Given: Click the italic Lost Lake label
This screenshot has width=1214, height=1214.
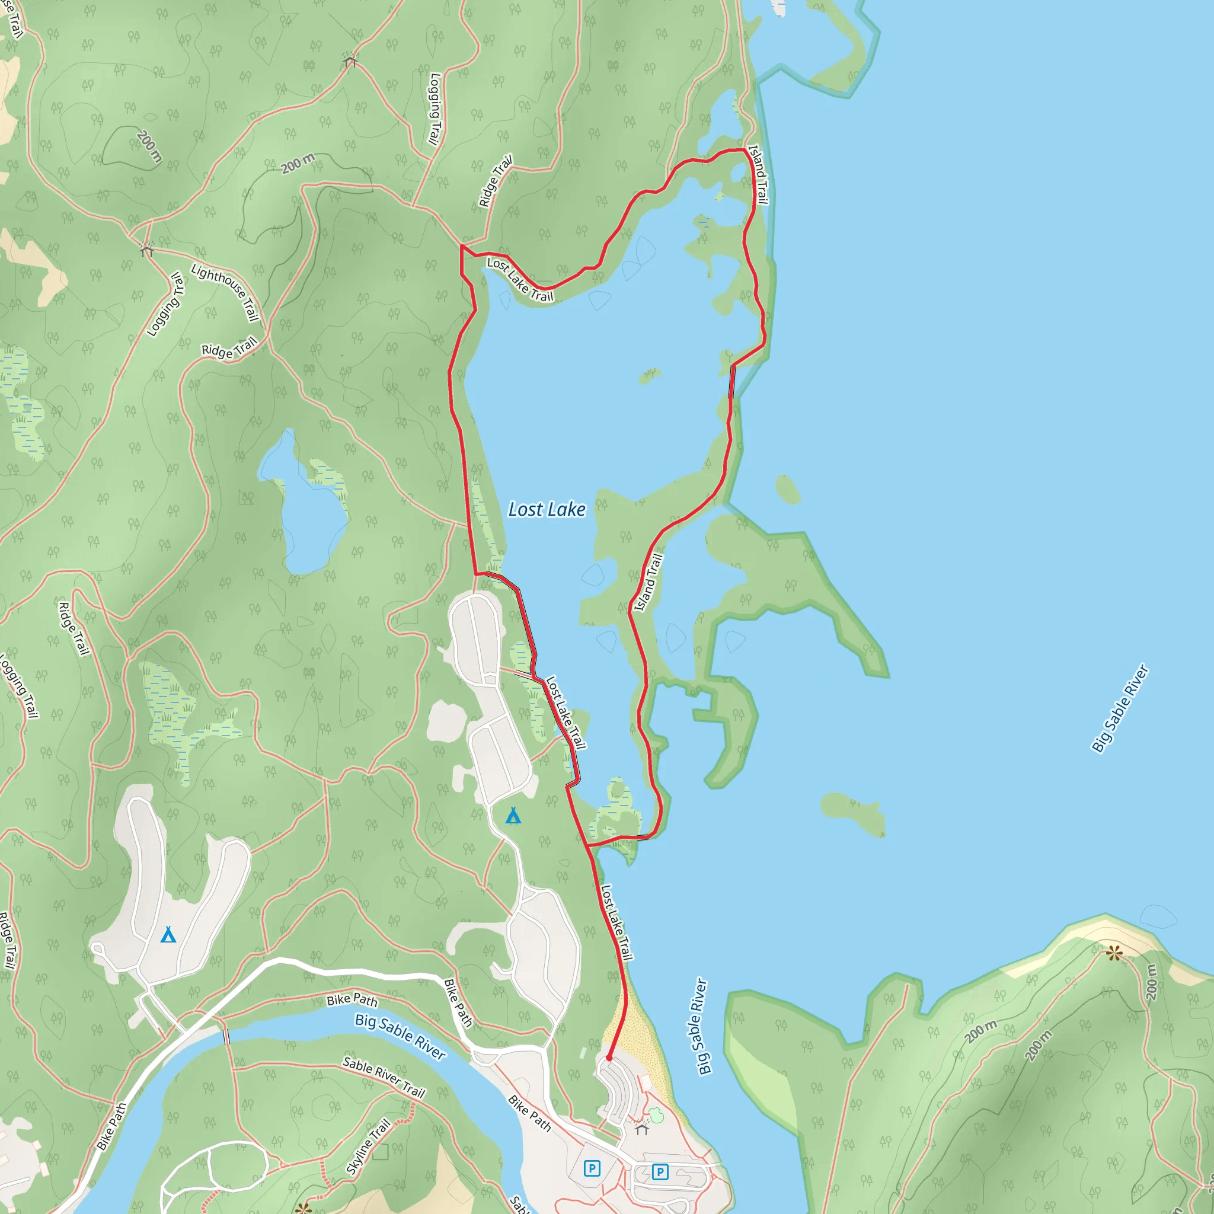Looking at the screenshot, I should click(x=547, y=510).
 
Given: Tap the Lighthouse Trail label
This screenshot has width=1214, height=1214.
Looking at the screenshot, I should click(x=225, y=292).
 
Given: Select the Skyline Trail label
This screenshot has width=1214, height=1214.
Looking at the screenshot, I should click(x=368, y=1147).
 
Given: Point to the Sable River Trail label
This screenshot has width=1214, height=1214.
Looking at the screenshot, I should click(x=384, y=1077).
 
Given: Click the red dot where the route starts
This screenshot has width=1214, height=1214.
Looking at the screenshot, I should click(x=609, y=1058).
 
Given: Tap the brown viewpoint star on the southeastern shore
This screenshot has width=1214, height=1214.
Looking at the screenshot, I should click(x=1114, y=954).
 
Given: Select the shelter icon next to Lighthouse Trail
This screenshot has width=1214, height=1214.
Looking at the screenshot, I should click(x=146, y=249).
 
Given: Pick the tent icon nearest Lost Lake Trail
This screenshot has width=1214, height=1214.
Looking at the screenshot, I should click(x=513, y=816).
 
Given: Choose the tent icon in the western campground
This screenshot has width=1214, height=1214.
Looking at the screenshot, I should click(x=168, y=934).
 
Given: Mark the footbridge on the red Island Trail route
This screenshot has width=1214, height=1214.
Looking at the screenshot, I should click(x=731, y=381).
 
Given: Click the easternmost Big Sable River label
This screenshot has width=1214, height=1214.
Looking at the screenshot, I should click(x=1119, y=708).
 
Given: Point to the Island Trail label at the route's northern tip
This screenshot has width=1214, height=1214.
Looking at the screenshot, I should click(x=758, y=174).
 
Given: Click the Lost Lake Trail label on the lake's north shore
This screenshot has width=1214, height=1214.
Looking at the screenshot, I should click(x=520, y=280).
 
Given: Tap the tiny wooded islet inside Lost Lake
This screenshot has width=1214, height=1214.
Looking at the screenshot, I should click(x=649, y=376).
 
